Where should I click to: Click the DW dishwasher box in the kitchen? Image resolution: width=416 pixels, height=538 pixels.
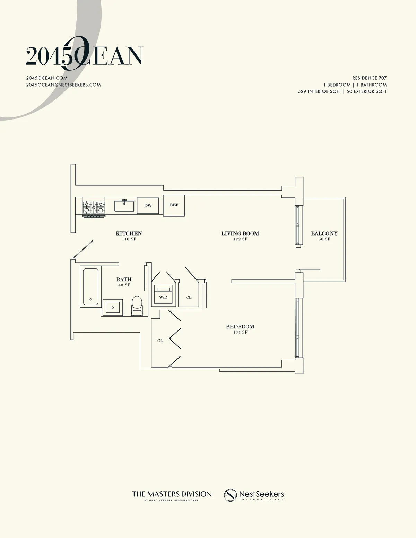click(148, 206)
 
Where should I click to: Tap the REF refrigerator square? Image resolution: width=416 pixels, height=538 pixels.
click(174, 205)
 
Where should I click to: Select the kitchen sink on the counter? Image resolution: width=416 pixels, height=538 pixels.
click(124, 205)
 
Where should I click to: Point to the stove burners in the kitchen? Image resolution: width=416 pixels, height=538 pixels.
click(93, 208)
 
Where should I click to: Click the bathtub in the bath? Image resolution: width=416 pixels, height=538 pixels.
click(90, 287)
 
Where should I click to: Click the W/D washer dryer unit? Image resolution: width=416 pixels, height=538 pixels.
click(163, 294)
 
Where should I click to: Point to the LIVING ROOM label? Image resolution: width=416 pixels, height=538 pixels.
click(240, 233)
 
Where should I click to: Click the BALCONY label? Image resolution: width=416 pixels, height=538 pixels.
click(324, 233)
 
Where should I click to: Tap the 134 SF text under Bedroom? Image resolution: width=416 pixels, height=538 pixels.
click(240, 332)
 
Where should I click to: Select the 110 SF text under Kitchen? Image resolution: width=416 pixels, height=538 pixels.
click(129, 239)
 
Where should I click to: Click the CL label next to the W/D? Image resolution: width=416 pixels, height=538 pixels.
click(189, 297)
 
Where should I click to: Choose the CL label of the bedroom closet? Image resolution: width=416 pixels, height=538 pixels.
click(160, 341)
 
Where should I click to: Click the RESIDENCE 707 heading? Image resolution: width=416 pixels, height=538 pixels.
click(369, 78)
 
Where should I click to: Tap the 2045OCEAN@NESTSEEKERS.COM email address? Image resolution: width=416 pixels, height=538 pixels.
click(63, 85)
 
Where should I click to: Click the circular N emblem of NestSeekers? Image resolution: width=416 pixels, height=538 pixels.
click(230, 495)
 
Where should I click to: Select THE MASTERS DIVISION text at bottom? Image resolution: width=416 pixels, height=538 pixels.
click(172, 494)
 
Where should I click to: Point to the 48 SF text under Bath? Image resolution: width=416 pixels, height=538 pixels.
click(124, 285)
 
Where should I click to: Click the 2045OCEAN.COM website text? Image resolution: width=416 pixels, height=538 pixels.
click(47, 78)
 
